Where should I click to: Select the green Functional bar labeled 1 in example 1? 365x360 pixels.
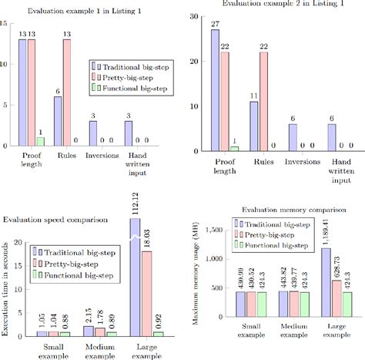(41, 142)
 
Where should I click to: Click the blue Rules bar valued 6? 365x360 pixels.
(59, 121)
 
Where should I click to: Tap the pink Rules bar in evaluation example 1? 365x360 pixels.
(68, 93)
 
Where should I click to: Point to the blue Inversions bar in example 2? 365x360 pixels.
(293, 135)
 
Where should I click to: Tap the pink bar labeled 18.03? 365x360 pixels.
(146, 293)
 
